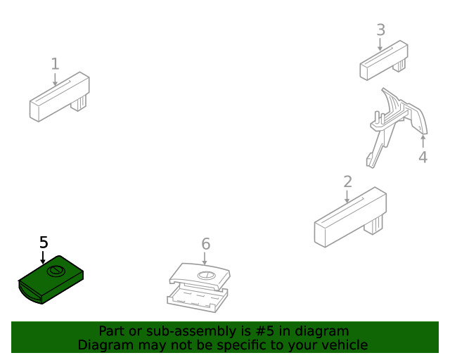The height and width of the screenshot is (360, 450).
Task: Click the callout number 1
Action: [55, 64]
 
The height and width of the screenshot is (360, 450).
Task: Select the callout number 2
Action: [347, 182]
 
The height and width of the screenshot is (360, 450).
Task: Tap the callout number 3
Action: [380, 30]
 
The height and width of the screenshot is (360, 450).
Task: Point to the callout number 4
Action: [423, 157]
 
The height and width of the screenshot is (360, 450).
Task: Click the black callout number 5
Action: [44, 243]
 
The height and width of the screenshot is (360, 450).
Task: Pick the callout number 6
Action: [205, 244]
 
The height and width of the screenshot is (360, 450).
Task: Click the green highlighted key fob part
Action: [49, 281]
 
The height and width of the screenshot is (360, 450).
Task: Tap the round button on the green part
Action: [55, 272]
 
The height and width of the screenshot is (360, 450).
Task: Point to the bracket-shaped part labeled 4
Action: [394, 123]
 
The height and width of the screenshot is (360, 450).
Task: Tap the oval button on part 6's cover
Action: [206, 275]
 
